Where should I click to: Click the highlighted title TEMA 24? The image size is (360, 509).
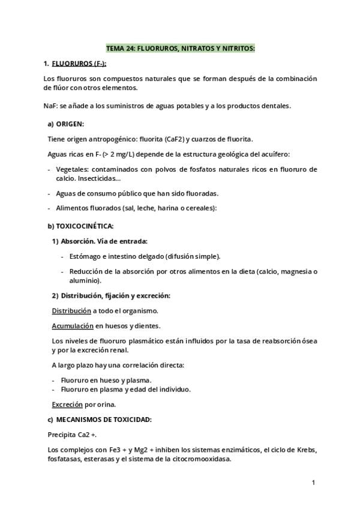coord(180,47)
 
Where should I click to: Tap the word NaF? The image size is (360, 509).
coord(50,106)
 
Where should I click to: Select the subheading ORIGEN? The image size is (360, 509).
coord(70,124)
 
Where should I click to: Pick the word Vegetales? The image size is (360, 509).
coord(73,170)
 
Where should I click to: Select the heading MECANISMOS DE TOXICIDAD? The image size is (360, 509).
coord(103,419)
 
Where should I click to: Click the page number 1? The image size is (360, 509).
coord(314,482)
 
